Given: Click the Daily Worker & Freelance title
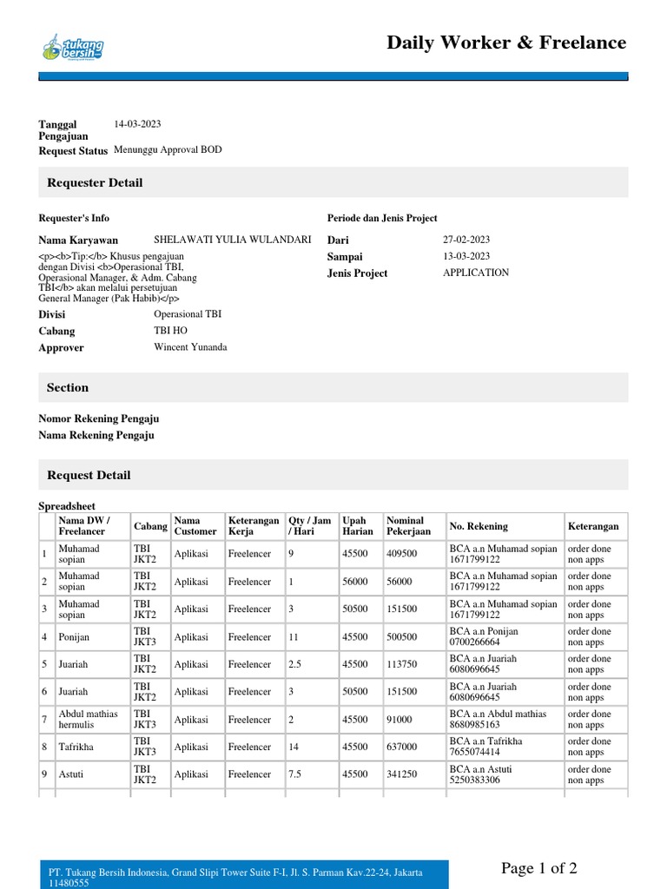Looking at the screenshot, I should coord(505,43).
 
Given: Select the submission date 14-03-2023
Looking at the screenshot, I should coord(137,124).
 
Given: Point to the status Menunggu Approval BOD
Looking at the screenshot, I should coord(168,149).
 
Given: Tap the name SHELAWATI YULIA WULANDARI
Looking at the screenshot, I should coord(232,239).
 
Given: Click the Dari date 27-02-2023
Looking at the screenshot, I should coord(466,239).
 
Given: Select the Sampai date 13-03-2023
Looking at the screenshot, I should coord(466,256).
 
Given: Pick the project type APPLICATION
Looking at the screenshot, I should coord(476,273).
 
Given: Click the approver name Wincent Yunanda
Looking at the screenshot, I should coord(190,347).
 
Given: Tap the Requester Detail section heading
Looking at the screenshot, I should coord(95,182).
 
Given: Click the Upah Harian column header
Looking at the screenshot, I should coord(358,526).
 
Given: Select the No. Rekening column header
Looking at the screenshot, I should coord(479,526).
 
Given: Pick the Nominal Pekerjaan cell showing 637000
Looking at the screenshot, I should coord(402,747).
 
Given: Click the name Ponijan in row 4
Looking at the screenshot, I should coord(74,636).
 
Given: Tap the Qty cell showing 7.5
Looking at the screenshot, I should coord(296,774).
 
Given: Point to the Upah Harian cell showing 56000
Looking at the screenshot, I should coord(355,582).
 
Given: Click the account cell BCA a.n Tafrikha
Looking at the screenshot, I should coord(486,747).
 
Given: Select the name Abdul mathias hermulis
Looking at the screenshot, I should coord(88,719).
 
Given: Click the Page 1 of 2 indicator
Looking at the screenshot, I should coord(538,868).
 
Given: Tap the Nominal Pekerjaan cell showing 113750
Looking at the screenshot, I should coord(402,664).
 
